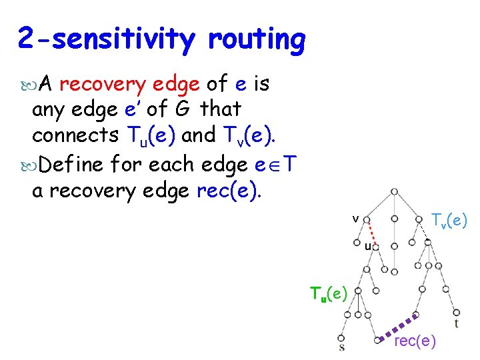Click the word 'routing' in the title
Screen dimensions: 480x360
pos(256,40)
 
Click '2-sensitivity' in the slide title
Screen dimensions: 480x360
pos(107,40)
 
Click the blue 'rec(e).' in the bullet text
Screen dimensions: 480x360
pos(229,191)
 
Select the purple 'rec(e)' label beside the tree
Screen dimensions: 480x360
pos(415,342)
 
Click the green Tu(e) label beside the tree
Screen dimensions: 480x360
pos(328,293)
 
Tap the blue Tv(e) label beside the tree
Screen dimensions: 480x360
pos(449,219)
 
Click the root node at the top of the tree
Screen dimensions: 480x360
pos(395,192)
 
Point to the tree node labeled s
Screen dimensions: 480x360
pos(342,337)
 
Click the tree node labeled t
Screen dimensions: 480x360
pos(456,312)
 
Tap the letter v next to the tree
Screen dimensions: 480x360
pos(356,218)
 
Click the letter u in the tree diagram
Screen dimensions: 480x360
pos(367,247)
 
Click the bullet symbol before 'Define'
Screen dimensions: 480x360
pos(25,164)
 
